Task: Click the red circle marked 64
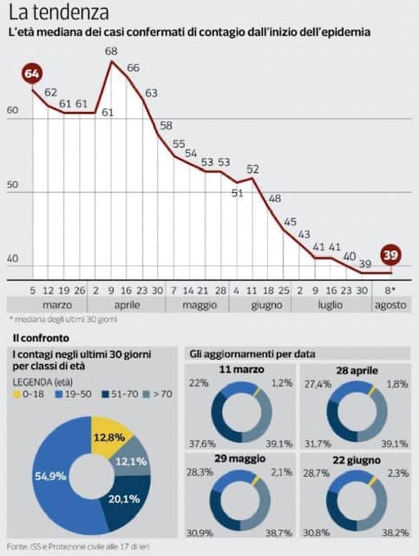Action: click(x=32, y=74)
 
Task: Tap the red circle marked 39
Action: click(x=390, y=255)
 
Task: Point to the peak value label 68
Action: click(x=111, y=51)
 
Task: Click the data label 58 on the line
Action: click(x=166, y=125)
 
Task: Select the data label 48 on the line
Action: click(x=275, y=198)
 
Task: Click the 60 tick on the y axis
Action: click(x=12, y=110)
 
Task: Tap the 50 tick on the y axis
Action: click(x=12, y=184)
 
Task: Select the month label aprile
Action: click(x=127, y=305)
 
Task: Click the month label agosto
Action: click(x=391, y=305)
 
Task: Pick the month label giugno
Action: click(x=266, y=305)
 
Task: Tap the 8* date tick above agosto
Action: click(x=390, y=291)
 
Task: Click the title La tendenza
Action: click(x=58, y=12)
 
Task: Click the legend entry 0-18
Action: click(x=29, y=394)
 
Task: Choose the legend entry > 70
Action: click(x=158, y=394)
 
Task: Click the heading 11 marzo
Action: click(x=241, y=369)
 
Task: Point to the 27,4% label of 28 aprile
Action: click(x=318, y=384)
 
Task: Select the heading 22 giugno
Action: click(x=357, y=460)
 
